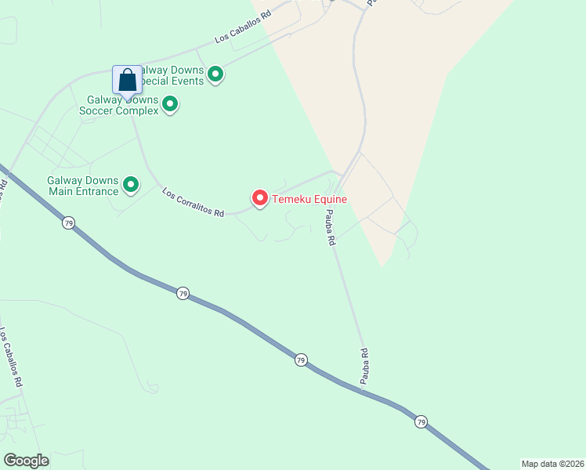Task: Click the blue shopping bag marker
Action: coord(127,81)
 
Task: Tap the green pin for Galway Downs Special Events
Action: coord(215,75)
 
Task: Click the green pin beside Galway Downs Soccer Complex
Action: coord(169,104)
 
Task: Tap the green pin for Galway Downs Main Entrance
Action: coord(131,186)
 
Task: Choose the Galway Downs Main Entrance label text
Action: coord(81,186)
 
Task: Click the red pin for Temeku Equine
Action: coord(259,199)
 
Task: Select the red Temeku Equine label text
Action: coord(309,200)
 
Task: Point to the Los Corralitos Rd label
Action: coord(194,202)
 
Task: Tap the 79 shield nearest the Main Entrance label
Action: coord(68,223)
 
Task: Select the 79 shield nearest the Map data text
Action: coord(421,421)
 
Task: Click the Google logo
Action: coord(26,460)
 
